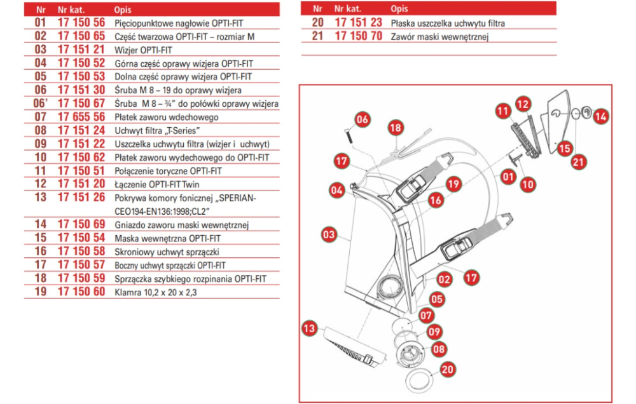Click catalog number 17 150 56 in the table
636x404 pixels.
pyautogui.click(x=81, y=22)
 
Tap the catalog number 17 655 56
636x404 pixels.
pyautogui.click(x=81, y=118)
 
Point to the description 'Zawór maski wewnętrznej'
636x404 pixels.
pyautogui.click(x=439, y=36)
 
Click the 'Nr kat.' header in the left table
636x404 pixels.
pyautogui.click(x=71, y=9)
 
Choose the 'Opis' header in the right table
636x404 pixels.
pyautogui.click(x=400, y=9)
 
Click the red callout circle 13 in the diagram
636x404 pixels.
pyautogui.click(x=309, y=328)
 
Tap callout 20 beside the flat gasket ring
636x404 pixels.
pyautogui.click(x=448, y=368)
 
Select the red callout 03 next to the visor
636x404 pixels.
pyautogui.click(x=329, y=235)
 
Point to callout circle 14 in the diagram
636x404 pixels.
pyautogui.click(x=601, y=116)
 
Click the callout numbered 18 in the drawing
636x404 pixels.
pyautogui.click(x=396, y=128)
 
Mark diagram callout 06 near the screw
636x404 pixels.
pyautogui.click(x=362, y=119)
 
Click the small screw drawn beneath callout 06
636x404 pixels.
pyautogui.click(x=349, y=135)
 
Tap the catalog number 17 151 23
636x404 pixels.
pyautogui.click(x=358, y=22)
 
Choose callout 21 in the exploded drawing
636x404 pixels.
pyautogui.click(x=578, y=162)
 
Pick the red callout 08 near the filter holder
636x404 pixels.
pyautogui.click(x=439, y=349)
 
